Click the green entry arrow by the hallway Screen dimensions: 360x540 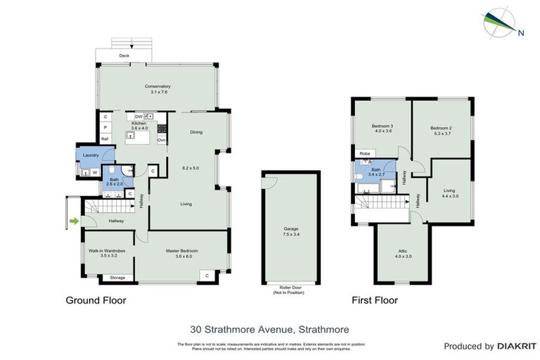tap(75, 222)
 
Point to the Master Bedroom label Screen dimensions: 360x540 tap(181, 251)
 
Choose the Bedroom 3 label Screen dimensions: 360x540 tap(382, 127)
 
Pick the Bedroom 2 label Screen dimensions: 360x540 tap(441, 127)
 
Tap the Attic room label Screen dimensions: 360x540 tap(403, 250)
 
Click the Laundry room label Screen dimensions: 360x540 tap(90, 155)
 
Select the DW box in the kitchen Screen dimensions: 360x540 tap(139, 116)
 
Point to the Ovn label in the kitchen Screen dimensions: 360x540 tap(161, 140)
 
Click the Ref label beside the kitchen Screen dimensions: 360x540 tap(105, 139)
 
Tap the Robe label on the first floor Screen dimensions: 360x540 tap(364, 153)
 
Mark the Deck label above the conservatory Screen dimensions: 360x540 tap(124, 55)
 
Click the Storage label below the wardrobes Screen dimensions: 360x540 tap(117, 278)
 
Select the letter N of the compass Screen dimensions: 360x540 tap(520, 32)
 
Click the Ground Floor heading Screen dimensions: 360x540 tap(96, 300)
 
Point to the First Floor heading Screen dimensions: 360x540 tap(375, 300)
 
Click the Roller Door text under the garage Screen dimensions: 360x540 tap(290, 288)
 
